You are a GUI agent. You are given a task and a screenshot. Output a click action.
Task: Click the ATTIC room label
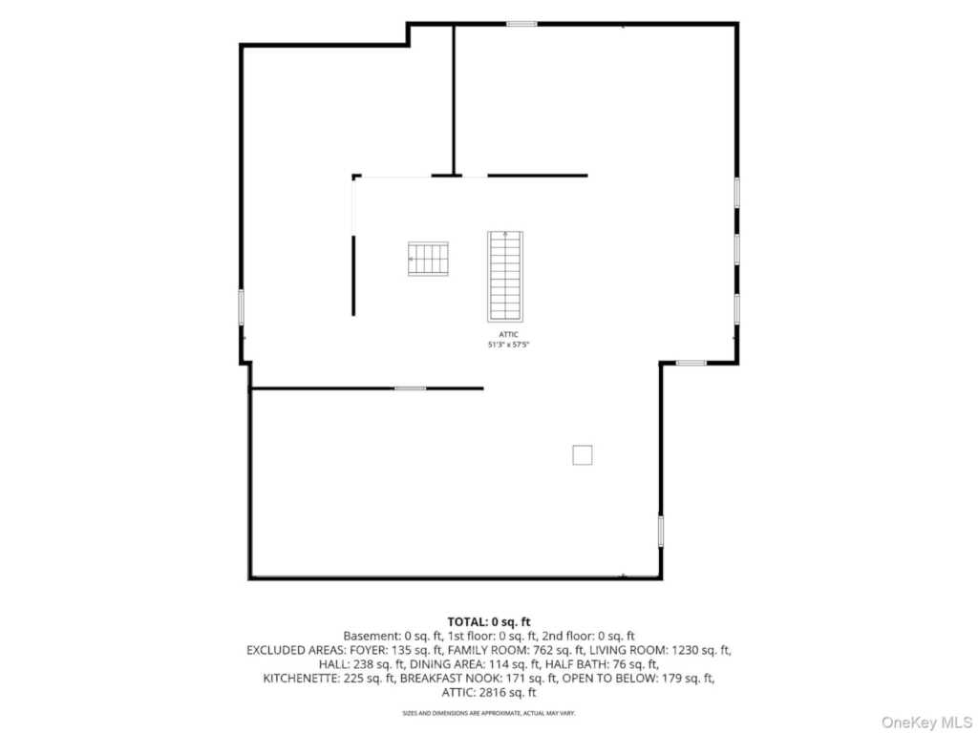point(508,335)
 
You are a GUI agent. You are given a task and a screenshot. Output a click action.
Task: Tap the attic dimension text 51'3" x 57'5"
point(508,344)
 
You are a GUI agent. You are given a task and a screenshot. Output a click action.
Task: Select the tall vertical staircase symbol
point(505,276)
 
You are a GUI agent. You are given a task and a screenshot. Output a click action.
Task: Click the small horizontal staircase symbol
point(428,259)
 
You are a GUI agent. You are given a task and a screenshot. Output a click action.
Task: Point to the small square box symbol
point(583,455)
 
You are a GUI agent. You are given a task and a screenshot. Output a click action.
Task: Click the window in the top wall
point(521,24)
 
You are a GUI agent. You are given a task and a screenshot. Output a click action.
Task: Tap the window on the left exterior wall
point(242,306)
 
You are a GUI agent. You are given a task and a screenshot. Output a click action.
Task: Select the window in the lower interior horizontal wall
point(411,388)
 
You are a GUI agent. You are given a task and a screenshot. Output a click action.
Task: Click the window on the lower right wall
point(661,531)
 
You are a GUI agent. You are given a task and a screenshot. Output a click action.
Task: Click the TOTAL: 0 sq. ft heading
point(489,621)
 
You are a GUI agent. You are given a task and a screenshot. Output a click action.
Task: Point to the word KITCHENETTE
point(301,679)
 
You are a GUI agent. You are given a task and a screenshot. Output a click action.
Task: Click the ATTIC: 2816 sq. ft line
point(489,693)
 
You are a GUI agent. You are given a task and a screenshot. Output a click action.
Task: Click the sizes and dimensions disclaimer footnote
point(489,712)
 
